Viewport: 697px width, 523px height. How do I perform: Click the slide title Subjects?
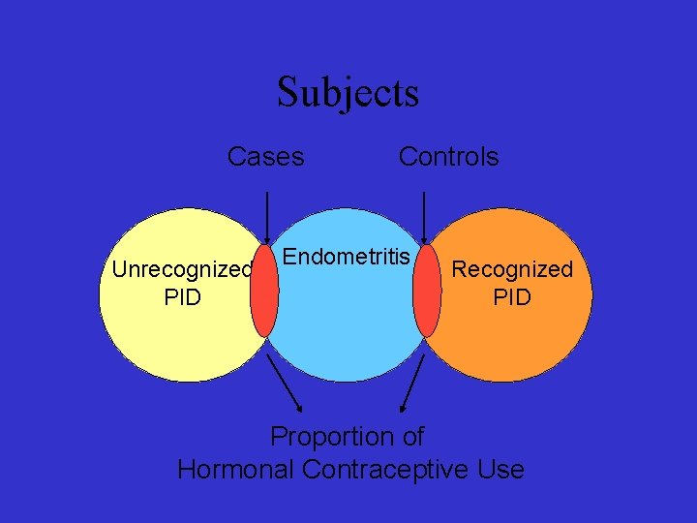(348, 93)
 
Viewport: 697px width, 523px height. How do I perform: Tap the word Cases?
(265, 157)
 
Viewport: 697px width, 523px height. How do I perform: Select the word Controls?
(448, 157)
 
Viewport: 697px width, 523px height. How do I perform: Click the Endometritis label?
(347, 257)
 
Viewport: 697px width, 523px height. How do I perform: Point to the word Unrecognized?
(182, 269)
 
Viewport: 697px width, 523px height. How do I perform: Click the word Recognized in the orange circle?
(512, 269)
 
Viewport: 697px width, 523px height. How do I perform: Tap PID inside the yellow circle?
(182, 297)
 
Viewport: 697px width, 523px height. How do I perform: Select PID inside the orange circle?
(512, 297)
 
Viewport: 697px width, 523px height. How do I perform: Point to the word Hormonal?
(236, 471)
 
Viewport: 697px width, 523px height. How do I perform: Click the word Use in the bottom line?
(501, 471)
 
